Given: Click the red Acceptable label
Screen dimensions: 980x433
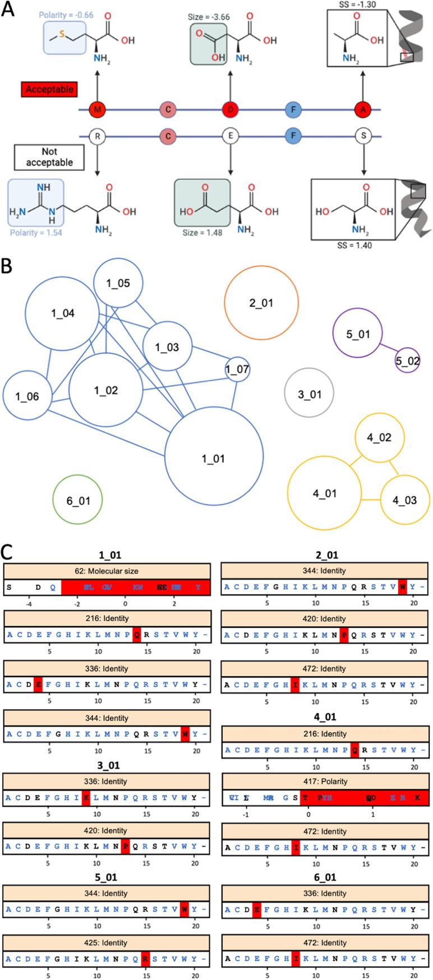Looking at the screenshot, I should pyautogui.click(x=49, y=89).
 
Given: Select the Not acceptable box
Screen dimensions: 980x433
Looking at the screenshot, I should pyautogui.click(x=49, y=158).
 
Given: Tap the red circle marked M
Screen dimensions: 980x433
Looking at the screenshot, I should pyautogui.click(x=98, y=110).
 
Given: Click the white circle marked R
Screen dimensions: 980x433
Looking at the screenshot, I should pyautogui.click(x=98, y=136).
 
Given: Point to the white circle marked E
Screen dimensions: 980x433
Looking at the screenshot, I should pyautogui.click(x=229, y=136).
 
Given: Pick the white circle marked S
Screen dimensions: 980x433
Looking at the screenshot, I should pyautogui.click(x=363, y=136).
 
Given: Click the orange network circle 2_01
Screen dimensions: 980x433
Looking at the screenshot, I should pyautogui.click(x=261, y=303).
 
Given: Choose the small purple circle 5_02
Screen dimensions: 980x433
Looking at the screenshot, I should pyautogui.click(x=407, y=361).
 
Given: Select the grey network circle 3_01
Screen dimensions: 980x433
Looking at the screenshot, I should pyautogui.click(x=309, y=394).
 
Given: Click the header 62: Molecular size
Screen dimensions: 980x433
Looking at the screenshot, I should pyautogui.click(x=107, y=571).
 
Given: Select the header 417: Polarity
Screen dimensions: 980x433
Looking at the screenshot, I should pyautogui.click(x=325, y=781).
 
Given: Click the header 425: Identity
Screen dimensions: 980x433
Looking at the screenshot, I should pyautogui.click(x=107, y=943).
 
